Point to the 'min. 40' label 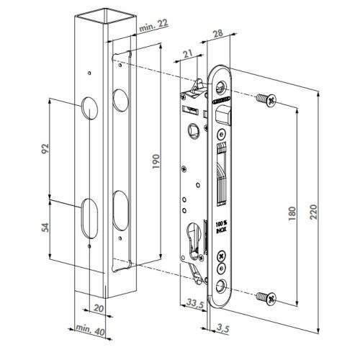(x=88, y=332)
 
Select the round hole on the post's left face (x=88, y=108)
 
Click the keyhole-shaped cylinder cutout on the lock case (x=192, y=238)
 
